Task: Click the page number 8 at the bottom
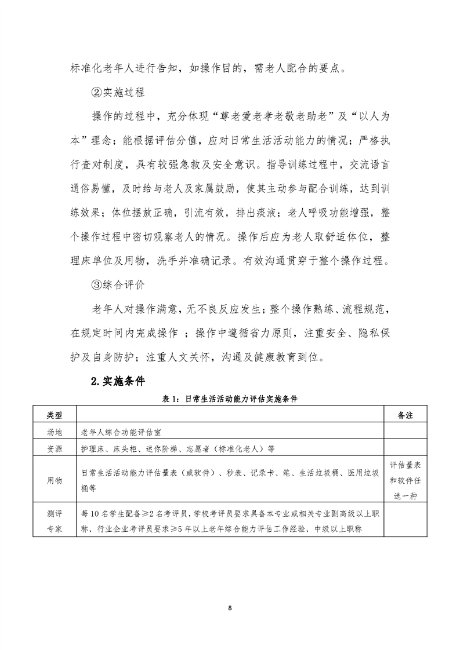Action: point(230,607)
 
